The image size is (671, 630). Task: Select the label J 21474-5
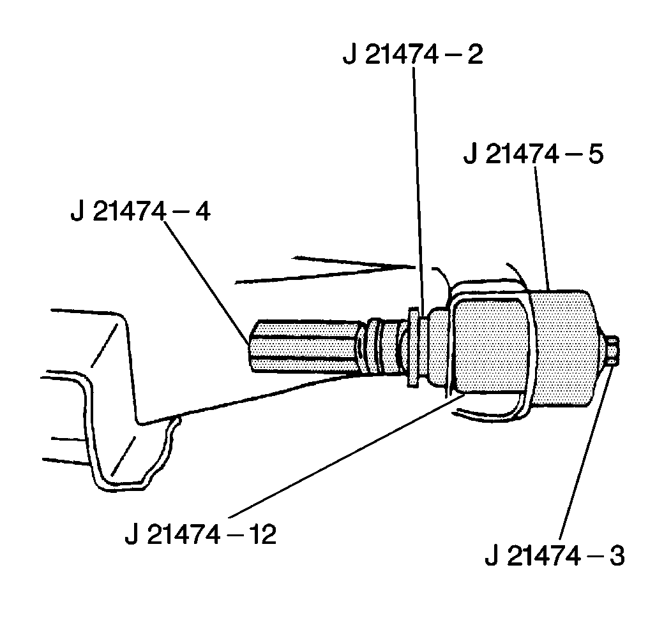(x=533, y=155)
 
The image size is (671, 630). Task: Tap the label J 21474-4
(x=141, y=211)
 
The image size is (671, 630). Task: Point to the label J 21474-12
(x=200, y=534)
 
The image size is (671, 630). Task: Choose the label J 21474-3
(x=554, y=555)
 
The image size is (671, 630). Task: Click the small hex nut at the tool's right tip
(x=610, y=351)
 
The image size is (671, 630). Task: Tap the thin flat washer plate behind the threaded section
(x=413, y=347)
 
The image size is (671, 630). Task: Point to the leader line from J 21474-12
(x=345, y=457)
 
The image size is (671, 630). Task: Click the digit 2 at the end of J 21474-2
(x=474, y=55)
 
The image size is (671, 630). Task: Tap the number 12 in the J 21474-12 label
(x=262, y=534)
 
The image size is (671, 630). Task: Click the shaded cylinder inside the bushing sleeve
(x=488, y=348)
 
